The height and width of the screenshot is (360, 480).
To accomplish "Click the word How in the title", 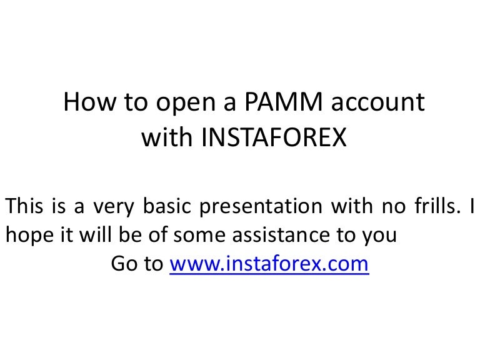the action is click(x=90, y=102).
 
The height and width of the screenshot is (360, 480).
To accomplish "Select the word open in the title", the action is click(x=186, y=104).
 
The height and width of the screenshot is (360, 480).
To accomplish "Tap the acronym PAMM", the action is click(x=284, y=101).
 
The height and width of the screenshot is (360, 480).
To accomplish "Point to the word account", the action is click(x=378, y=103).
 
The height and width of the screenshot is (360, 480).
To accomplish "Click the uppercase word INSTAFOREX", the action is click(x=274, y=137).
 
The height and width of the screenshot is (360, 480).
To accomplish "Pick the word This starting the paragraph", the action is click(x=24, y=206).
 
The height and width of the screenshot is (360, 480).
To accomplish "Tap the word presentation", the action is click(x=261, y=207).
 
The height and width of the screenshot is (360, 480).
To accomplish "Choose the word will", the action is click(x=95, y=234).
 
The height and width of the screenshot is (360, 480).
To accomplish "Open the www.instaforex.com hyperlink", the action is click(x=269, y=264).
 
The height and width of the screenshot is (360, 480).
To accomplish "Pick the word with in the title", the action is click(x=167, y=137).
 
